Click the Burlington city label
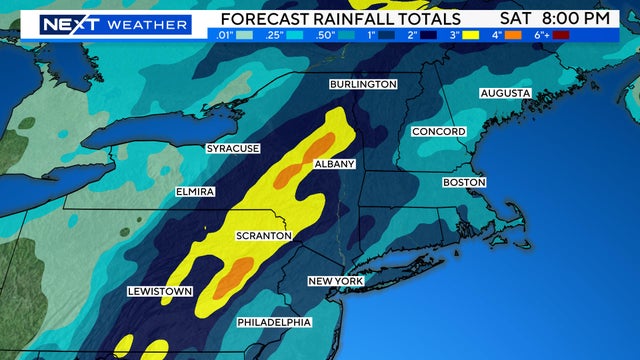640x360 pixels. (364, 85)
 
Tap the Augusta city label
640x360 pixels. (505, 93)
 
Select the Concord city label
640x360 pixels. (439, 132)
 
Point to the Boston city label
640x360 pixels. (464, 183)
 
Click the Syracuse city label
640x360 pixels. (233, 149)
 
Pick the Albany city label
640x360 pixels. (334, 163)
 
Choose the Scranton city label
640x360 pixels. (263, 236)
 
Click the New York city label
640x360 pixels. (335, 281)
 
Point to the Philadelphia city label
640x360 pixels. (274, 322)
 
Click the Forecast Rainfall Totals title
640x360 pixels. (341, 19)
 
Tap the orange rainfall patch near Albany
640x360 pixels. (289, 173)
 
